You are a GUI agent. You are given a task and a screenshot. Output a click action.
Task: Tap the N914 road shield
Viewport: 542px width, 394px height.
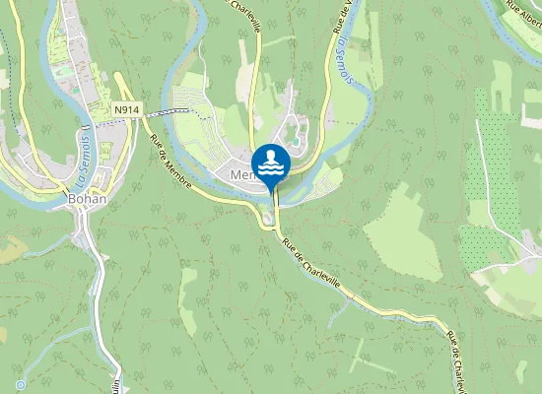click(x=125, y=110)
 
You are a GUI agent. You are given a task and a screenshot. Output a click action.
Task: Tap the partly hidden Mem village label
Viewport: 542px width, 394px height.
click(x=239, y=175)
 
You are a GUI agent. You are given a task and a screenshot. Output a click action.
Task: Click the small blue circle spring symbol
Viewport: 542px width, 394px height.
click(x=20, y=384)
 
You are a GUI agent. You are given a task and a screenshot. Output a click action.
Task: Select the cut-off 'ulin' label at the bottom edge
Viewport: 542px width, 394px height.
click(x=116, y=385)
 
